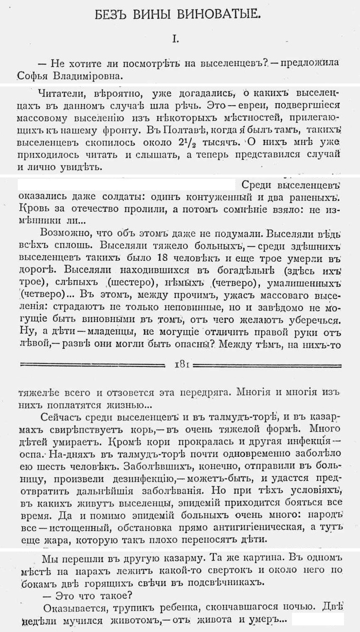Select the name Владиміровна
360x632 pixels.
pyautogui.click(x=84, y=76)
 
